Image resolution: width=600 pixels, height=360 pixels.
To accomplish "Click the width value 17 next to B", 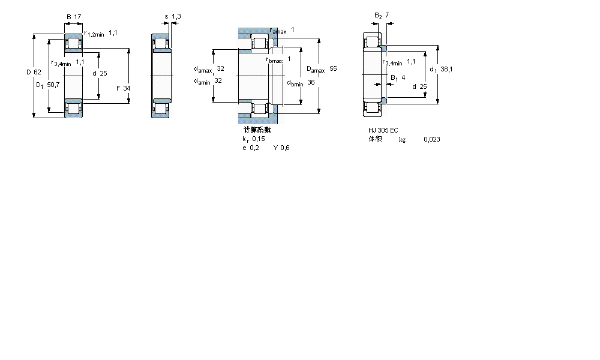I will [78, 17].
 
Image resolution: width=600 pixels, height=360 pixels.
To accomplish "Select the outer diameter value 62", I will [37, 72].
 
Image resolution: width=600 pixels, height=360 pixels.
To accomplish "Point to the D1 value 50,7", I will [53, 85].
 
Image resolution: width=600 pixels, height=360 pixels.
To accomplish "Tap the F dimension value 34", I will [127, 88].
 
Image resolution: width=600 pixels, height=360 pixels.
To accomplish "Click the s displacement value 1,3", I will [176, 17].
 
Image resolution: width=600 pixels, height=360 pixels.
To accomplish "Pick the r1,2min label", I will [94, 34].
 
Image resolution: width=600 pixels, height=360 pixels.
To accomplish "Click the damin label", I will [202, 81].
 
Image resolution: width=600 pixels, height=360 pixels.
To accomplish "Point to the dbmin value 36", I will [311, 82].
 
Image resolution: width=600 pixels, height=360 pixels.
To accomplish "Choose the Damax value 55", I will [333, 69].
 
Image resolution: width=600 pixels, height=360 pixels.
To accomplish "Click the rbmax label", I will [274, 59].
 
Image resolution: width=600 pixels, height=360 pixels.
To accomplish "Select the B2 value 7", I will [387, 14].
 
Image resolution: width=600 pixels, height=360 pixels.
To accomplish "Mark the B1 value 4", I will [403, 77].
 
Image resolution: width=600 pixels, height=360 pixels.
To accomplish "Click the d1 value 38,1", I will [446, 69].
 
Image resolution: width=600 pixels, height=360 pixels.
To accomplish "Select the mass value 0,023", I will [431, 139].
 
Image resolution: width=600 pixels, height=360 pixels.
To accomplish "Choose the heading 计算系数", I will [257, 130].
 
